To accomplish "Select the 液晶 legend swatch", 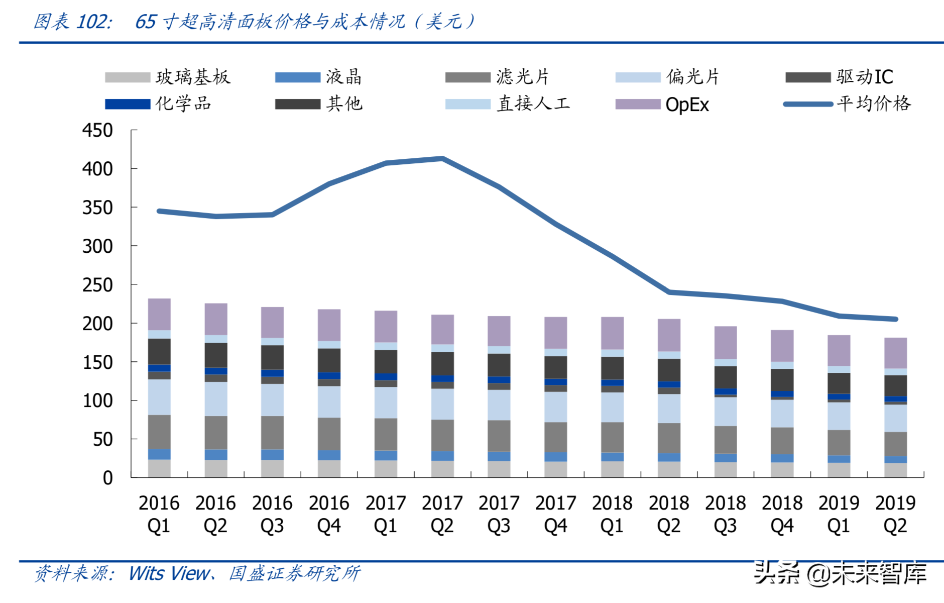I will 298,77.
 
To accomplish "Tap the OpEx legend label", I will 687,105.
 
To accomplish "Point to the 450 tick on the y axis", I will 97,130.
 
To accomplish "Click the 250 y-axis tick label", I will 97,285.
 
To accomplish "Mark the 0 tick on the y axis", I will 107,478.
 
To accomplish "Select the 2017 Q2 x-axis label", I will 442,514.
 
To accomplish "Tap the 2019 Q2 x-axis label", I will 895,514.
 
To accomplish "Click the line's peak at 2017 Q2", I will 442,159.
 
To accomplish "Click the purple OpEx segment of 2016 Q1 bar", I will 159,314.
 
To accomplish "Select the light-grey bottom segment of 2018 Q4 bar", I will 782,470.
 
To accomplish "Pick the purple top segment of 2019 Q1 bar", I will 839,350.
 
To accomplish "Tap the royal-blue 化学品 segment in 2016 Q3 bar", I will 272,373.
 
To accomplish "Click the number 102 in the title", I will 94,22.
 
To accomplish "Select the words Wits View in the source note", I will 169,573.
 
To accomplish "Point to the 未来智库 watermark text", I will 879,573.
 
